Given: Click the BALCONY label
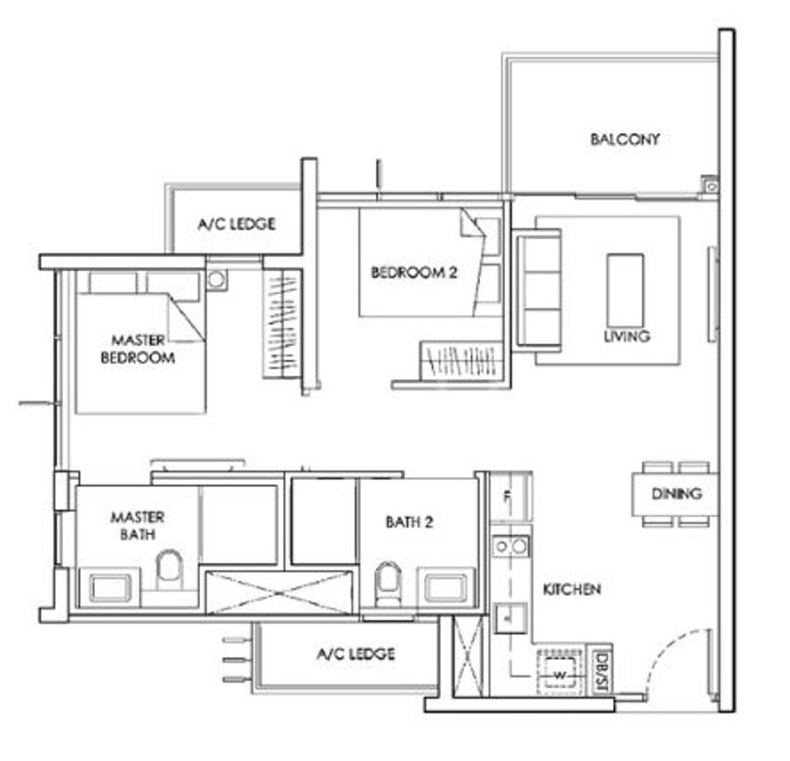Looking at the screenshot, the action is click(x=625, y=139).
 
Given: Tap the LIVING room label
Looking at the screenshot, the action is click(x=627, y=336).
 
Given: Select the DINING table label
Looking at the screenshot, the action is click(x=676, y=493).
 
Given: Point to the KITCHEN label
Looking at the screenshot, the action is click(x=571, y=589).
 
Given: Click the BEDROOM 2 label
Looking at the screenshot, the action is click(x=414, y=272).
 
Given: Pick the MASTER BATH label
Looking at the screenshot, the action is click(x=137, y=525).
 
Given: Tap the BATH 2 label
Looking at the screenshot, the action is click(x=409, y=522).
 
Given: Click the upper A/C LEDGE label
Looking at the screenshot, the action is click(x=236, y=224).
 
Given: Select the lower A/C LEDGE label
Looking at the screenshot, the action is click(x=355, y=654).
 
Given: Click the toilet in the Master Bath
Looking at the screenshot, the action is click(x=169, y=571).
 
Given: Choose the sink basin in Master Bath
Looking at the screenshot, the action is click(x=111, y=587).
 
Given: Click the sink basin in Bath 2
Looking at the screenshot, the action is click(x=446, y=586).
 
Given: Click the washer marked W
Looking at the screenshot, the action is click(x=559, y=672).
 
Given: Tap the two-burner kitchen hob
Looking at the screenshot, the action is click(x=511, y=546).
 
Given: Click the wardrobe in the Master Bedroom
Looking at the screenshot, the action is click(x=282, y=324).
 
